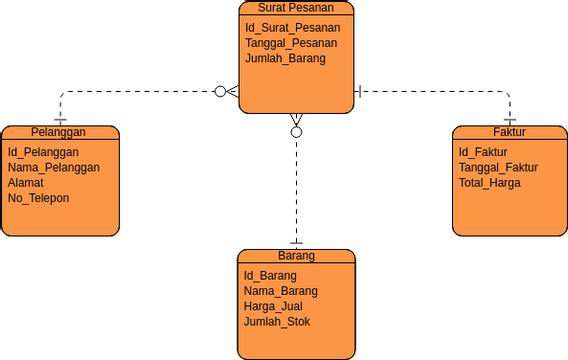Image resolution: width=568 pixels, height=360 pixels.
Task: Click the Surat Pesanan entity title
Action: pyautogui.click(x=296, y=7)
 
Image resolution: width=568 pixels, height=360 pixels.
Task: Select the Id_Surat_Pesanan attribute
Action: pyautogui.click(x=292, y=27)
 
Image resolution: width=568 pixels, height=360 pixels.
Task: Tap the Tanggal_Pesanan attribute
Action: pyautogui.click(x=291, y=43)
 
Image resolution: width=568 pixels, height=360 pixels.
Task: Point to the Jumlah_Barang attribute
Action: pyautogui.click(x=285, y=58)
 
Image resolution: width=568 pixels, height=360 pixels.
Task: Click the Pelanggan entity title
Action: pyautogui.click(x=58, y=132)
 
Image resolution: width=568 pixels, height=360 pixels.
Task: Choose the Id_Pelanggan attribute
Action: pyautogui.click(x=43, y=152)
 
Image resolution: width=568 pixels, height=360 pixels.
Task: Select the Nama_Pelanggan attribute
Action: pyautogui.click(x=54, y=167)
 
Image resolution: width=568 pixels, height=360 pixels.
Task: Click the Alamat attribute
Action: pyautogui.click(x=26, y=183)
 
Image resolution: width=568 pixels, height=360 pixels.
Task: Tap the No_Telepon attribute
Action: pyautogui.click(x=39, y=198)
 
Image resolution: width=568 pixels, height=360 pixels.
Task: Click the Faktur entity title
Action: pyautogui.click(x=509, y=132)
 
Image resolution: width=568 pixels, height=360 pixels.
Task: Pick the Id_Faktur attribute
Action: pyautogui.click(x=483, y=152)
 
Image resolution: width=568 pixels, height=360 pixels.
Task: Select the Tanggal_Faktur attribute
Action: pyautogui.click(x=498, y=167)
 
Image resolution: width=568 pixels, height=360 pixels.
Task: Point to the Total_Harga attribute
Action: pyautogui.click(x=490, y=183)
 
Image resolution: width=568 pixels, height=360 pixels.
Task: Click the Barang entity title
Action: pyautogui.click(x=296, y=255)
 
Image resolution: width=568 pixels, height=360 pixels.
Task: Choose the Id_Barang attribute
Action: pyautogui.click(x=270, y=275)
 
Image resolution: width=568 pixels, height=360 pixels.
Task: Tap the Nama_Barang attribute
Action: pyautogui.click(x=280, y=291)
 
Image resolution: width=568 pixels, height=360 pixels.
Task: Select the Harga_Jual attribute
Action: pyautogui.click(x=273, y=306)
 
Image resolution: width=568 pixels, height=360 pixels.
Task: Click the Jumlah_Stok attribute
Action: pyautogui.click(x=277, y=321)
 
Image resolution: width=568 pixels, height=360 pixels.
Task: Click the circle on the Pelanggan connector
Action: pyautogui.click(x=221, y=91)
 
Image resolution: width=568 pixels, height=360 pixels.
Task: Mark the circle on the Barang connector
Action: pyautogui.click(x=296, y=131)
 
